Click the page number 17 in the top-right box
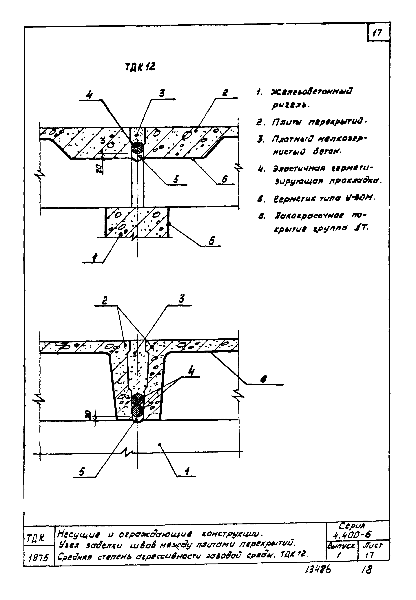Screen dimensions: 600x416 pyautogui.click(x=377, y=33)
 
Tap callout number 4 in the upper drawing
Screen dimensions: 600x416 pyautogui.click(x=89, y=95)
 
